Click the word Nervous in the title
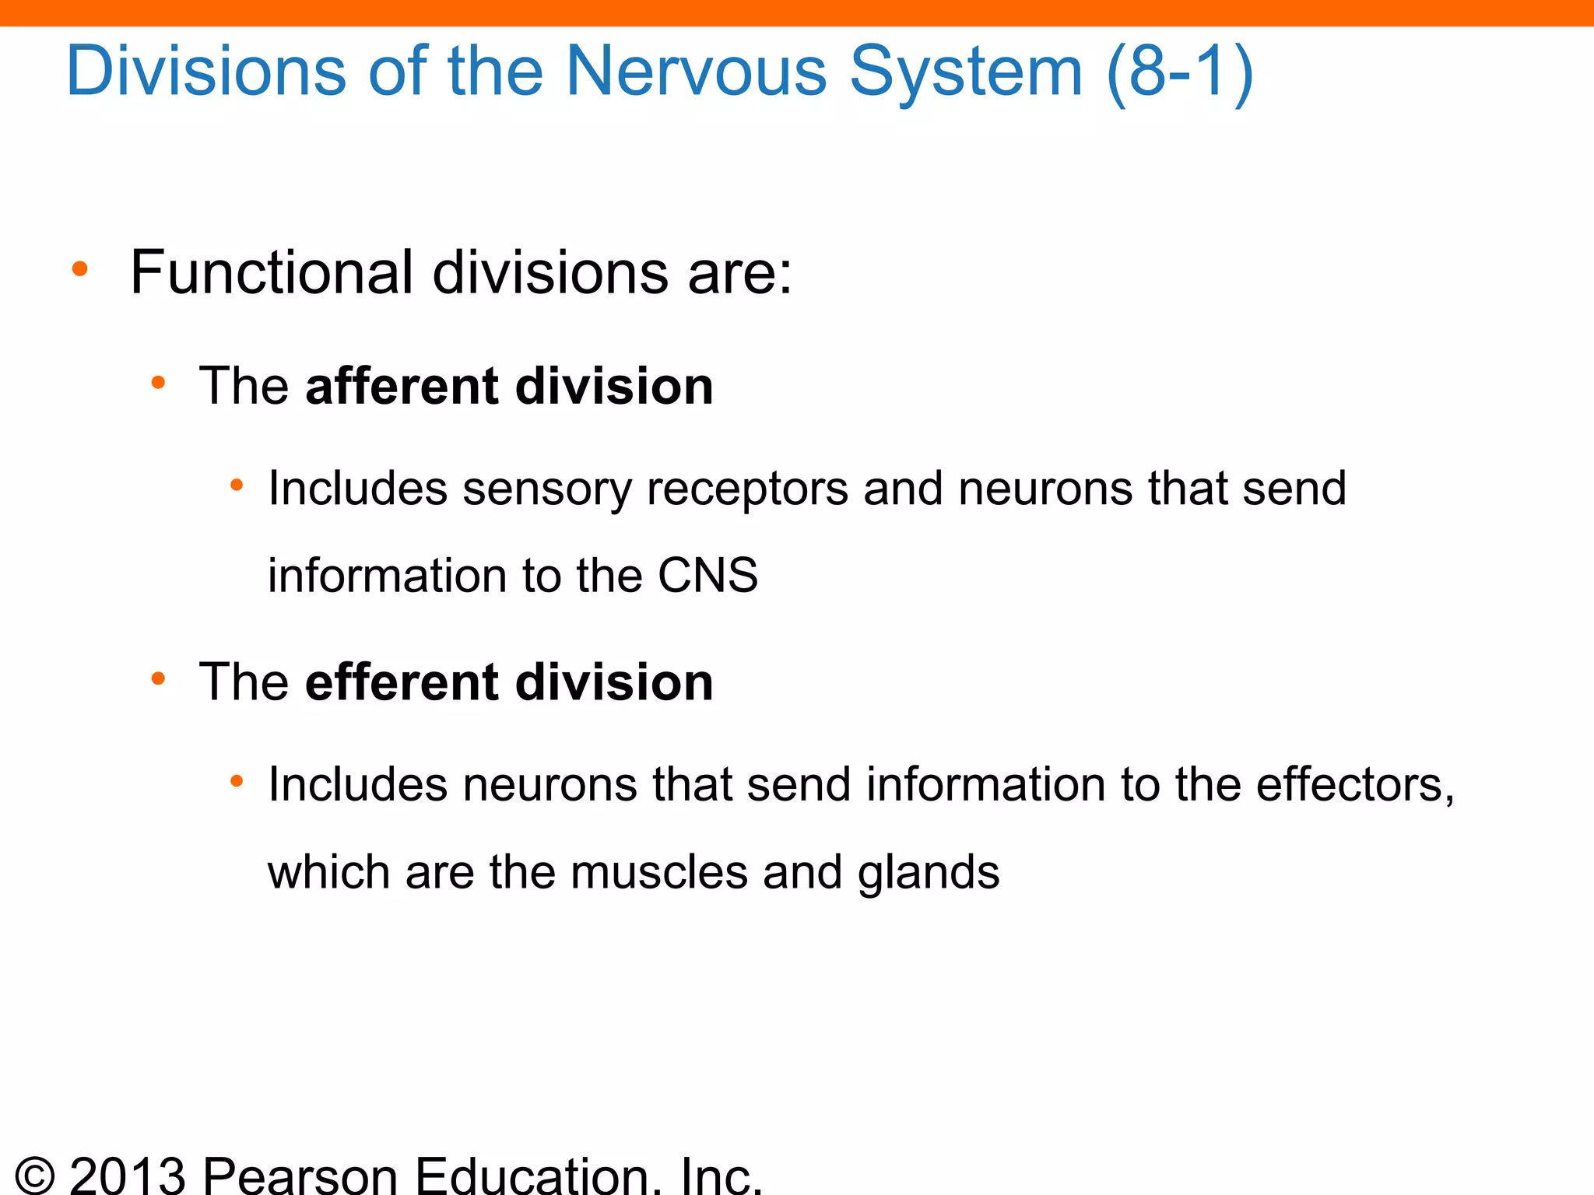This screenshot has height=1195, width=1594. point(695,72)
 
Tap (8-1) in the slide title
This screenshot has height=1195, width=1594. point(1179,72)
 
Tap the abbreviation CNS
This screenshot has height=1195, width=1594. point(707,576)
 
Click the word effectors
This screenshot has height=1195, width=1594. point(1354,784)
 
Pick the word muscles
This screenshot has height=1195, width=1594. point(658,872)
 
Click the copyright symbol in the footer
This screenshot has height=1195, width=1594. point(35,1176)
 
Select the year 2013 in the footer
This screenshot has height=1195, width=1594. point(128,1174)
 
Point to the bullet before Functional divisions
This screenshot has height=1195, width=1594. point(79,270)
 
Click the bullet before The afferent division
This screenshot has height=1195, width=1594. point(158,383)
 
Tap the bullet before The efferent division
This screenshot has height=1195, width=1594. point(158,679)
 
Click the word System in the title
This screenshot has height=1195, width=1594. point(966,72)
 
